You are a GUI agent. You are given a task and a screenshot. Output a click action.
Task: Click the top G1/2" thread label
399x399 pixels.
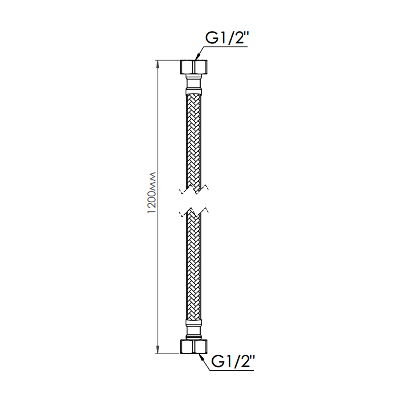tap(226, 38)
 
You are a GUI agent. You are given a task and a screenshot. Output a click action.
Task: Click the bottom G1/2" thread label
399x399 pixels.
tap(233, 362)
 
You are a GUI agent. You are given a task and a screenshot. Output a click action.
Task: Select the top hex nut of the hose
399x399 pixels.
tap(194, 67)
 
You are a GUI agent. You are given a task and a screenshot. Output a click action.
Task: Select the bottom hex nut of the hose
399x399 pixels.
tap(194, 347)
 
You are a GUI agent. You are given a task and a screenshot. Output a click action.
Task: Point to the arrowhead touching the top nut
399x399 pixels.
tap(198, 57)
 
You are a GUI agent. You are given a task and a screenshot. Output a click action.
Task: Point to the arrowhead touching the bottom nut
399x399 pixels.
tap(201, 357)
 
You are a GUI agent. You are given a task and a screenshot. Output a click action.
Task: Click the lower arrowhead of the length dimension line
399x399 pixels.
tap(158, 350)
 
